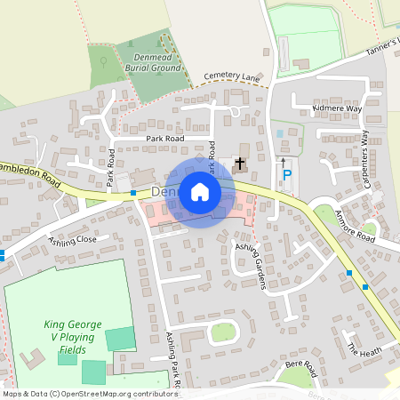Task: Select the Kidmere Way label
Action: (x=337, y=108)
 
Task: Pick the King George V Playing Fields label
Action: (x=73, y=338)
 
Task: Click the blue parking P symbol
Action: (x=286, y=177)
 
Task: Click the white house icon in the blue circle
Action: (x=200, y=191)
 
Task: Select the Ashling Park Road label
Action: (x=172, y=361)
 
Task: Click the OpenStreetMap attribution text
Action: (x=90, y=393)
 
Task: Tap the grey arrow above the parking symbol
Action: (x=284, y=162)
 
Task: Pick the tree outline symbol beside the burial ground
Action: (x=103, y=62)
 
